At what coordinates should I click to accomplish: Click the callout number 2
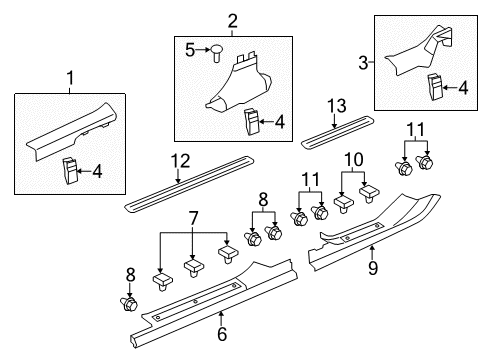[232, 20]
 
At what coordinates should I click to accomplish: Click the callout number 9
[372, 268]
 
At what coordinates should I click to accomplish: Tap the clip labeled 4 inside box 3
[438, 86]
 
